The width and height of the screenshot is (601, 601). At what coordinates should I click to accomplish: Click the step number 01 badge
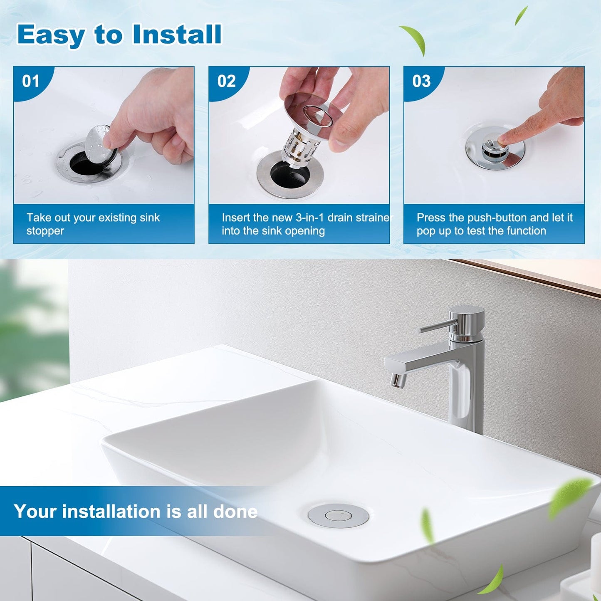31,81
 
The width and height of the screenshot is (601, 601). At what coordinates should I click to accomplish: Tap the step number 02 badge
226,81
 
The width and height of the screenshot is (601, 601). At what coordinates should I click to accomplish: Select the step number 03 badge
421,81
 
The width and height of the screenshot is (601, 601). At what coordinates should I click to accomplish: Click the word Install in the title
177,35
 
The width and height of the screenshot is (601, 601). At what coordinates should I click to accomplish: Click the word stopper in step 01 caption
45,231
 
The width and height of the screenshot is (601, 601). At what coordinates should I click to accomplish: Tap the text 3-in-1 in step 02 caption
309,218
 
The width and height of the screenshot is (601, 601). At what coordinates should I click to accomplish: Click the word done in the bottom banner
235,511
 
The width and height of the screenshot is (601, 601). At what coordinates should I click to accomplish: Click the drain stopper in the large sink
338,516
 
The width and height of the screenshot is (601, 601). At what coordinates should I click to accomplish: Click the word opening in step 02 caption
306,231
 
